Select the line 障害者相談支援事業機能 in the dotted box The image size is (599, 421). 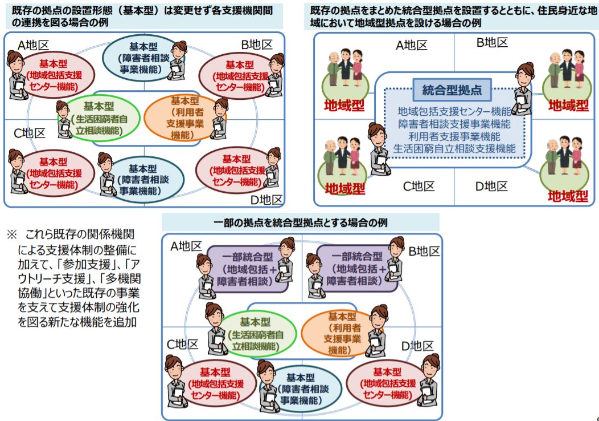[x=454, y=124]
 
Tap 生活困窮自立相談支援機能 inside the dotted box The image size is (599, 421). [x=454, y=148]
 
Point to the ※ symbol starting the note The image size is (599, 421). [x=12, y=234]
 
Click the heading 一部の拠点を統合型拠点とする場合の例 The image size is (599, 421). [x=301, y=222]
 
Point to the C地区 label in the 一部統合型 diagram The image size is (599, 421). [x=182, y=344]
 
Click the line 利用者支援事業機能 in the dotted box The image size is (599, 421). [x=454, y=136]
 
